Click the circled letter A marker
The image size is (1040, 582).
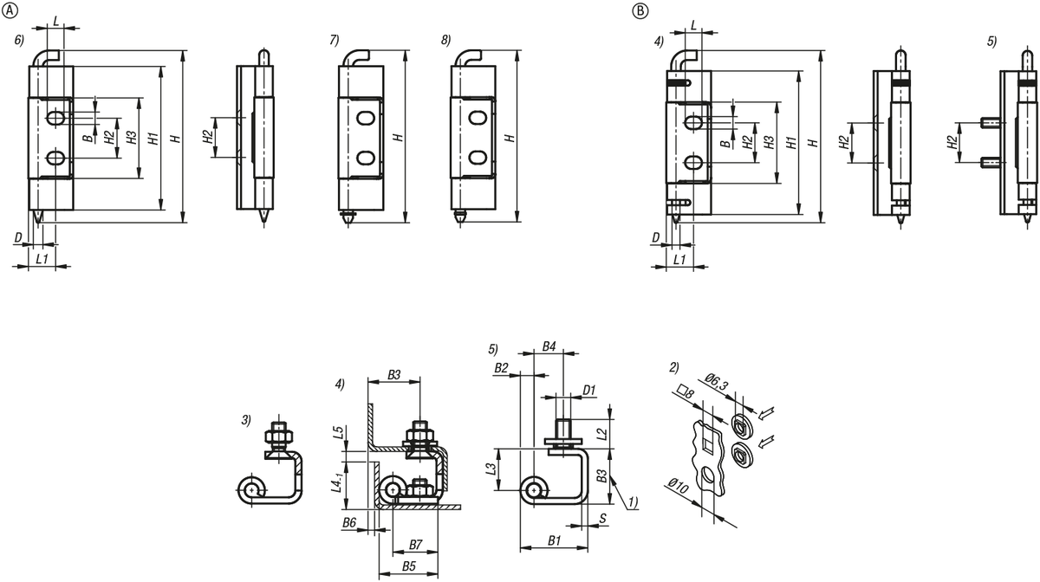point(10,10)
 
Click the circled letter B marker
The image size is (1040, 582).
point(640,10)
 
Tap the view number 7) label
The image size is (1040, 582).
point(335,41)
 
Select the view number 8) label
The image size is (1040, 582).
point(445,41)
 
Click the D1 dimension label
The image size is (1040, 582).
point(588,391)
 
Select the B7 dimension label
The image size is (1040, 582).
point(414,544)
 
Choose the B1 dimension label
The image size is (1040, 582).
point(555,541)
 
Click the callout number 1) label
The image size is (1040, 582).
point(633,501)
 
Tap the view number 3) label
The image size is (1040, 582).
point(247,420)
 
